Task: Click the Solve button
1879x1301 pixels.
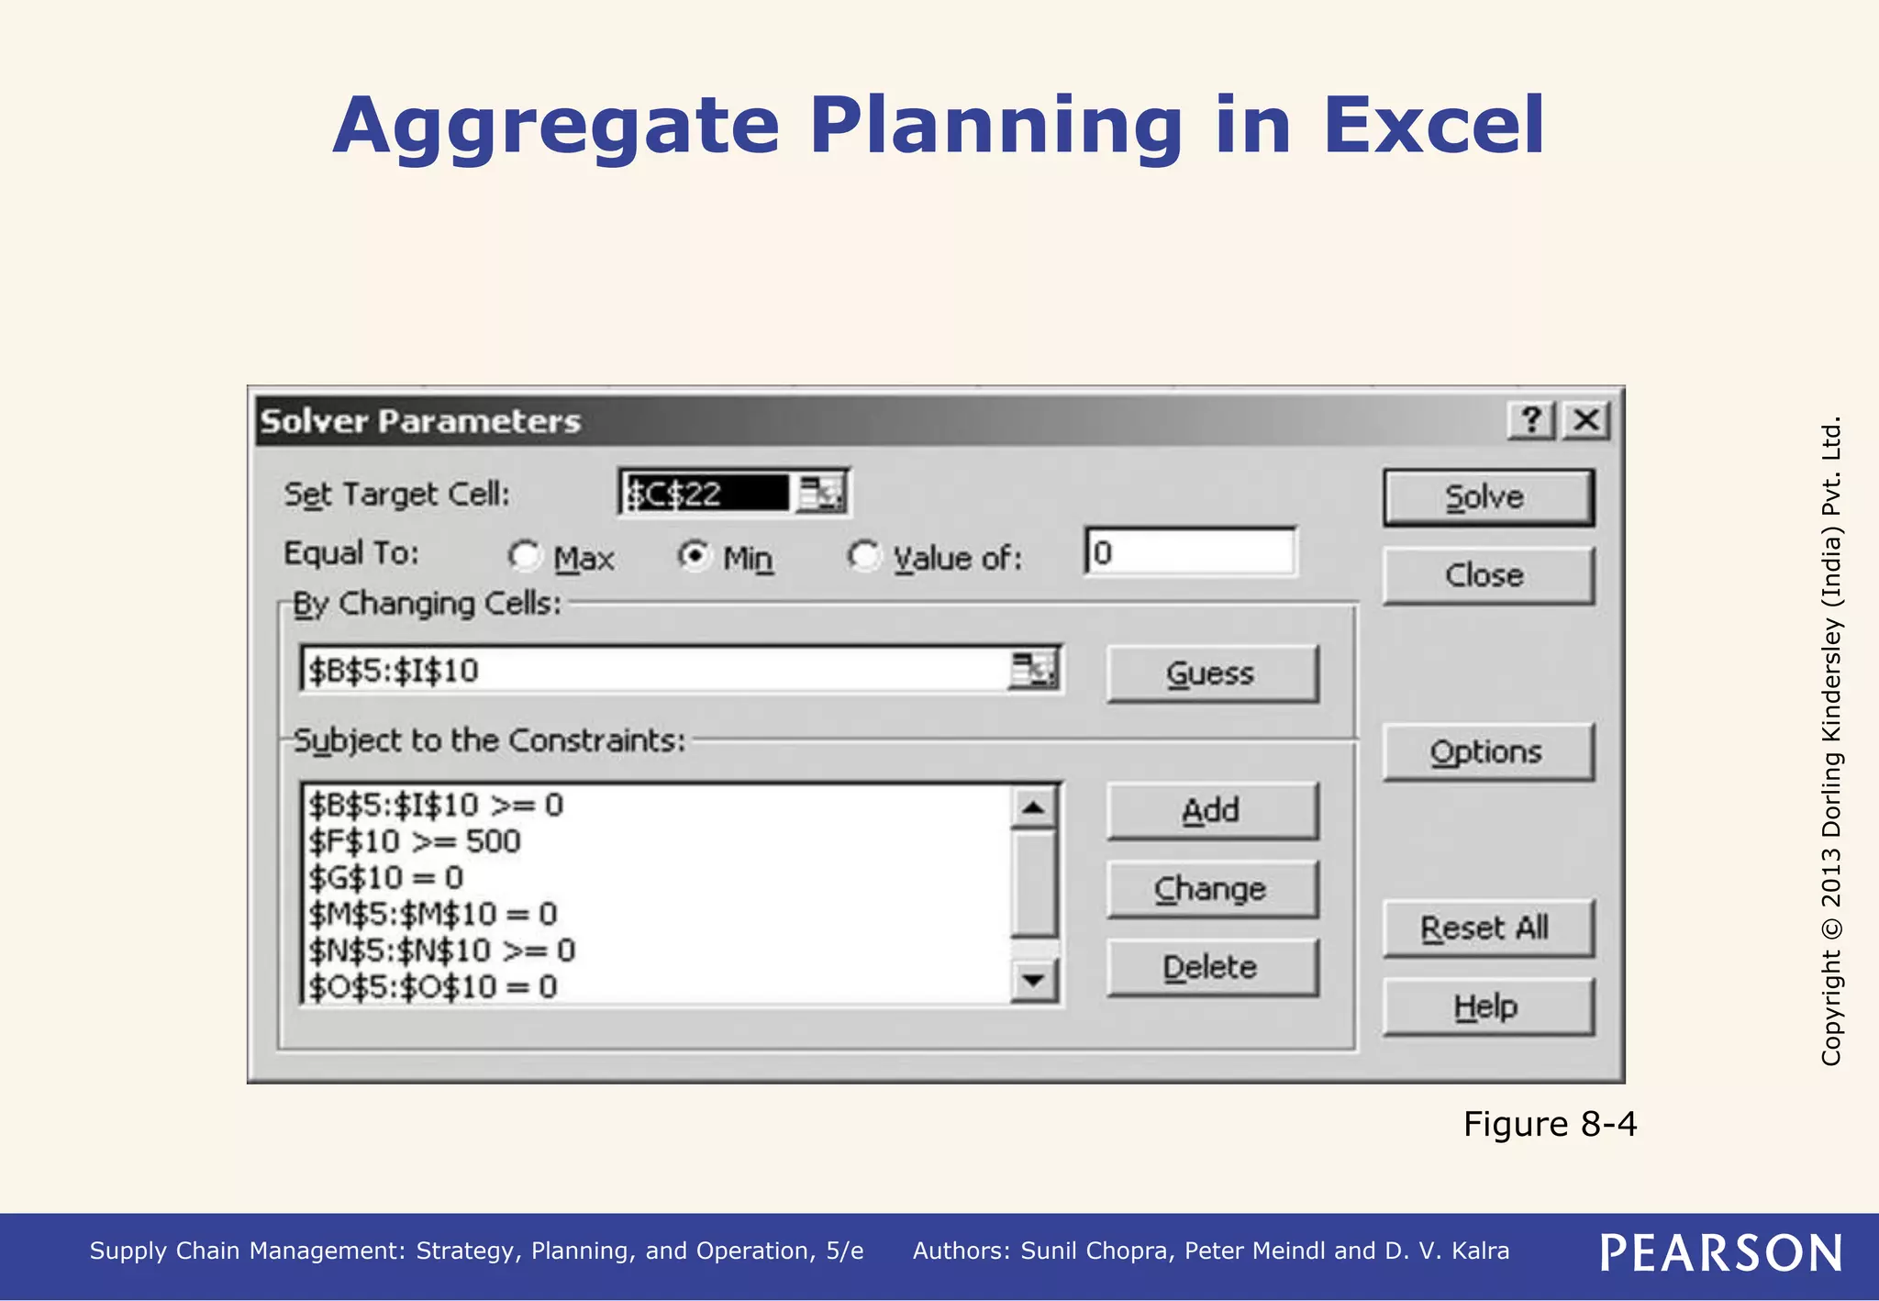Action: point(1487,498)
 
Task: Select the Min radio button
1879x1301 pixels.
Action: point(695,555)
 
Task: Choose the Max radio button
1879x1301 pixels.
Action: point(525,555)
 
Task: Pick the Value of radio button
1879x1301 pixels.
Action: point(863,555)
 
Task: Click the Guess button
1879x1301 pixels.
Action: point(1211,674)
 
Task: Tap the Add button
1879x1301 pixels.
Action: point(1211,811)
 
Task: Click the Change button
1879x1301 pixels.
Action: point(1211,889)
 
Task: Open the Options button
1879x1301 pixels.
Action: point(1487,752)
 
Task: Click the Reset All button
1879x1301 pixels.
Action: point(1487,928)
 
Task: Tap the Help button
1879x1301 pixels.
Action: point(1487,1006)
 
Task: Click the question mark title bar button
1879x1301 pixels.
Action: point(1530,421)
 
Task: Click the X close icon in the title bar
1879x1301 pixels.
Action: point(1586,421)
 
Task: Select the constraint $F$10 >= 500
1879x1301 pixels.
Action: point(415,841)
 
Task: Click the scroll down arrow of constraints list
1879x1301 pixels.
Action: point(1034,981)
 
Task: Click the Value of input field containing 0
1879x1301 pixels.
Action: point(1190,552)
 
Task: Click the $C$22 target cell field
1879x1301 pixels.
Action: point(705,495)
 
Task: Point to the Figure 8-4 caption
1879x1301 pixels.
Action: point(1549,1124)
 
